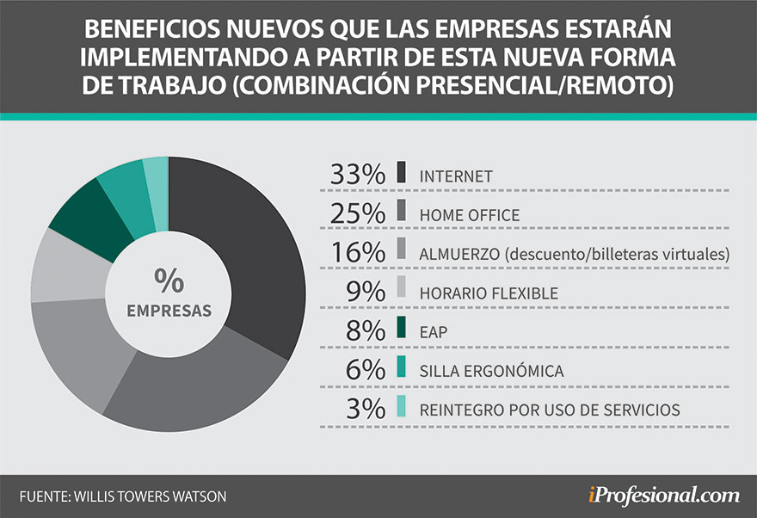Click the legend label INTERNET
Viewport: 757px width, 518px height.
coord(456,176)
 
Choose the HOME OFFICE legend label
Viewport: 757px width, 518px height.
coord(470,215)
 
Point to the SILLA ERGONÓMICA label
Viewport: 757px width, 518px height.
coord(492,371)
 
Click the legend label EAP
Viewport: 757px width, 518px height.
coord(434,332)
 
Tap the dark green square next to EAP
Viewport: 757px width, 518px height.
coord(402,330)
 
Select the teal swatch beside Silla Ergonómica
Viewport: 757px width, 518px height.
coord(402,368)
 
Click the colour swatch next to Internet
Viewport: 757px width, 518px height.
coord(402,173)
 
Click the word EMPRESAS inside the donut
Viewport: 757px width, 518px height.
coord(169,310)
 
